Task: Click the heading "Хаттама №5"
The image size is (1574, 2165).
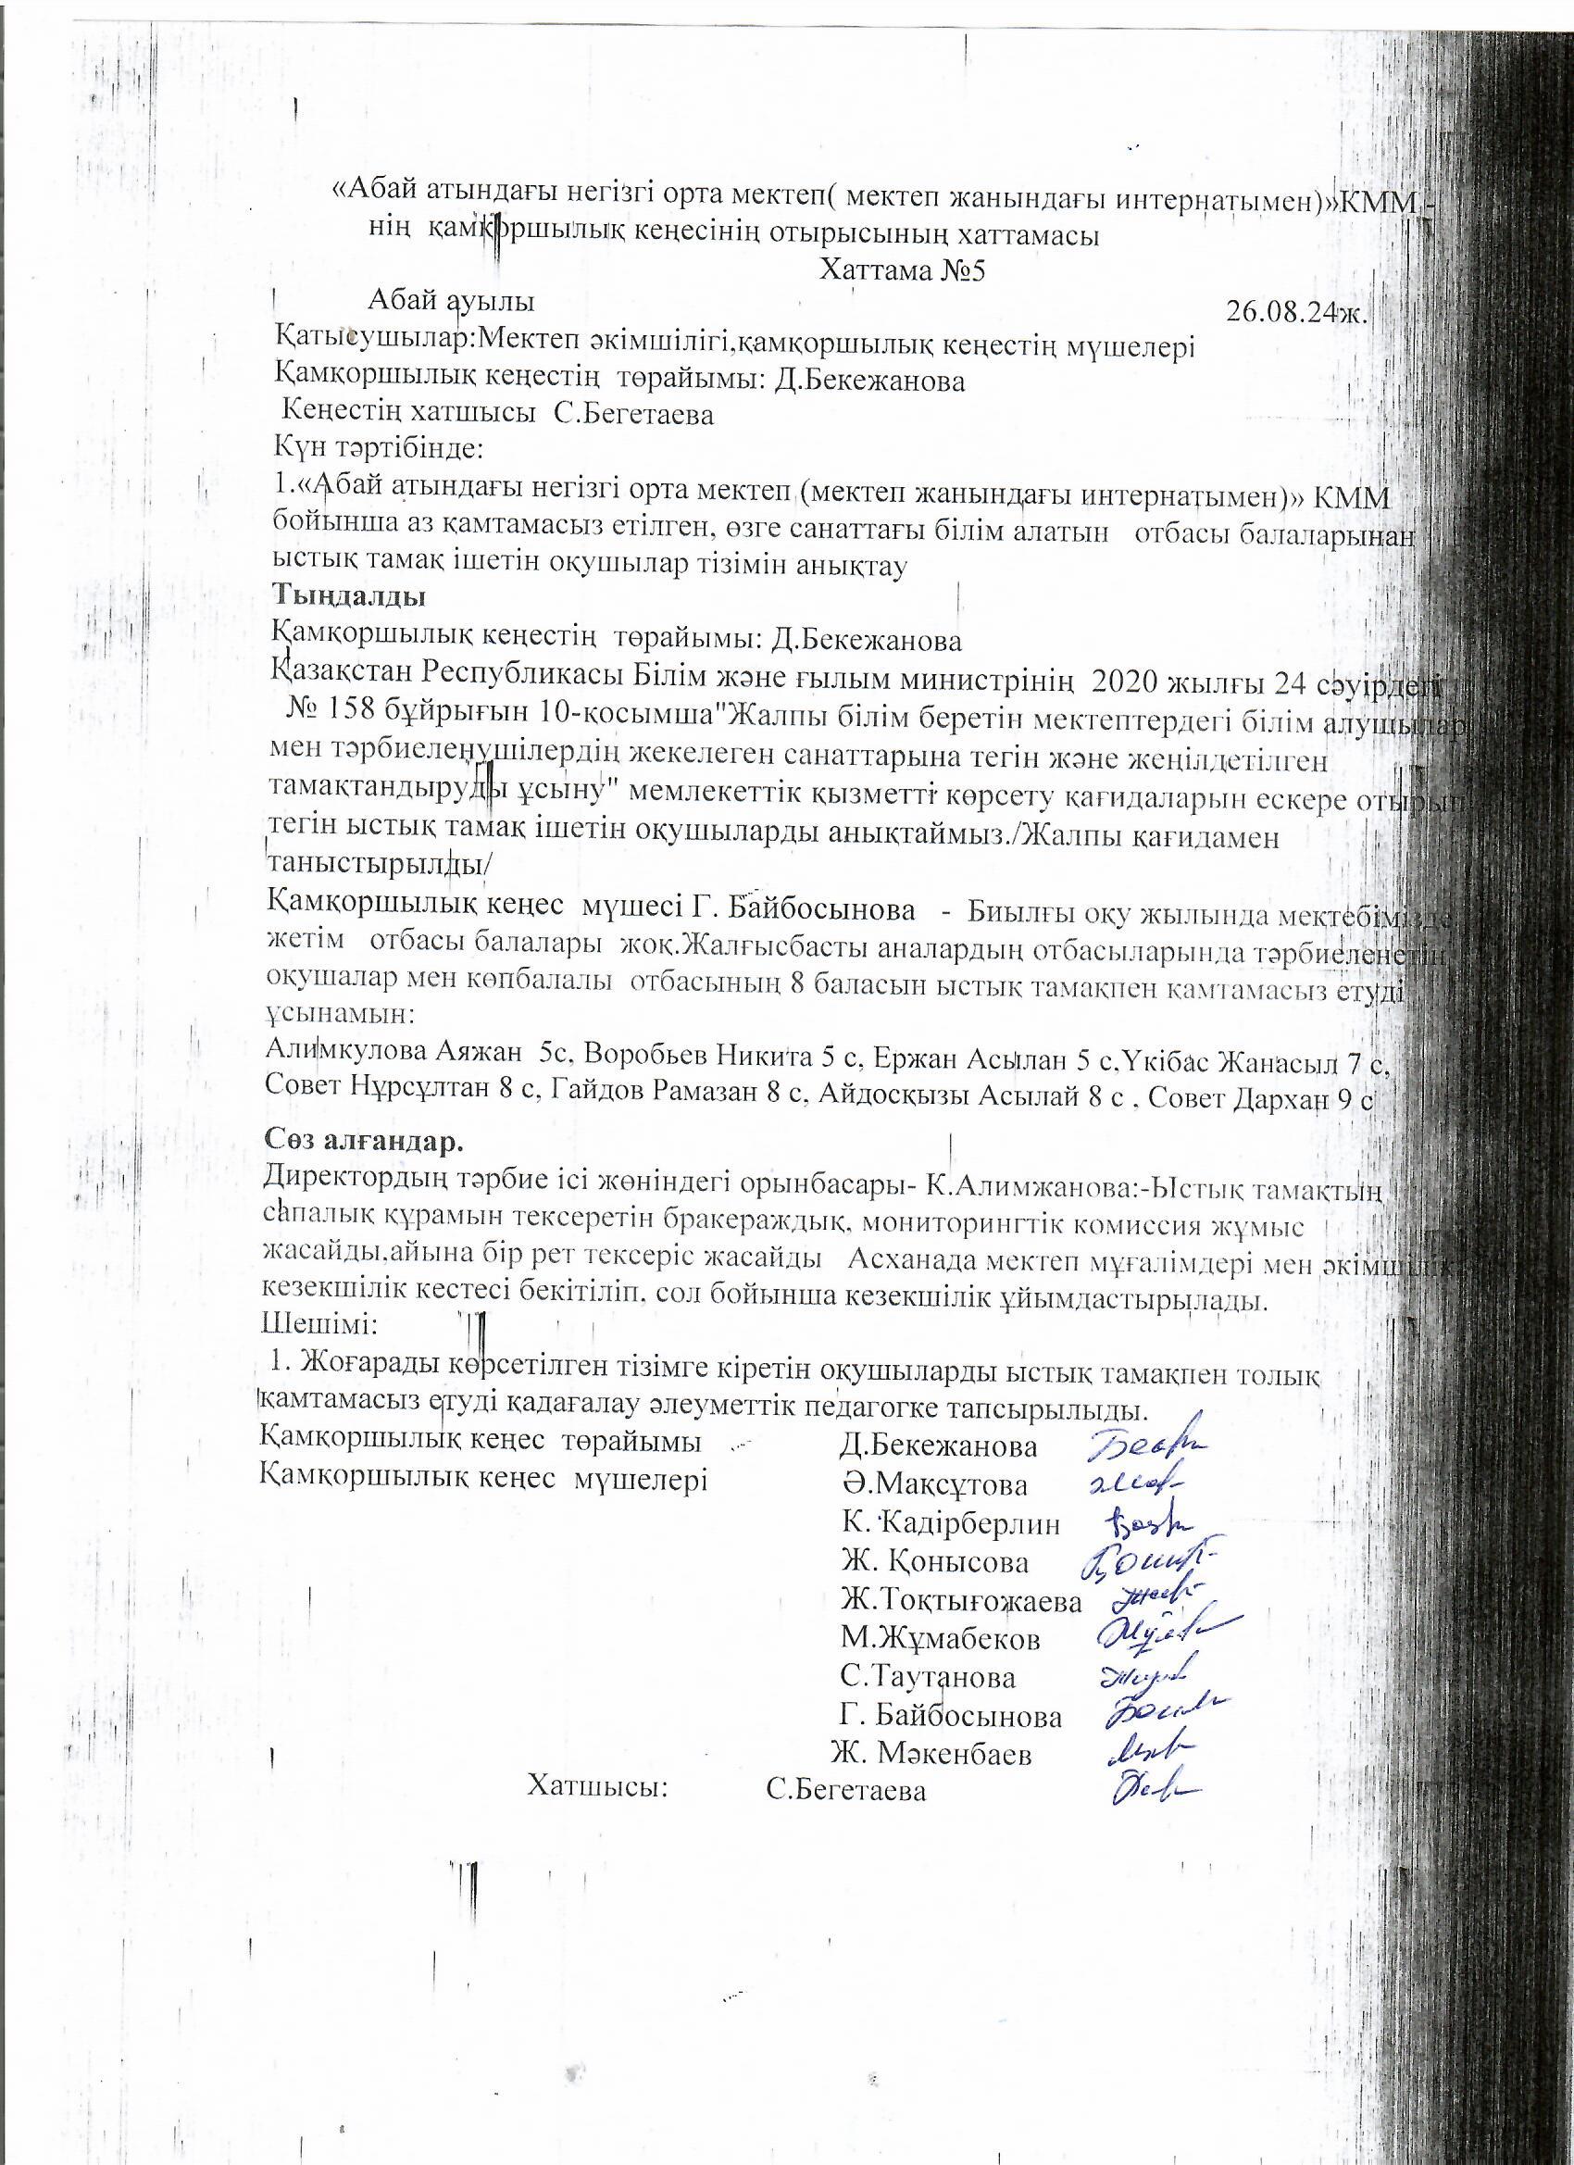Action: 901,270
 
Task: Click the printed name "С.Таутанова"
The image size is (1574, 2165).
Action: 927,1676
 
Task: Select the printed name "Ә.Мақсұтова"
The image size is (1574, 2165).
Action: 934,1485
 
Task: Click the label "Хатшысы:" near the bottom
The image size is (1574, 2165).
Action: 597,1786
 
